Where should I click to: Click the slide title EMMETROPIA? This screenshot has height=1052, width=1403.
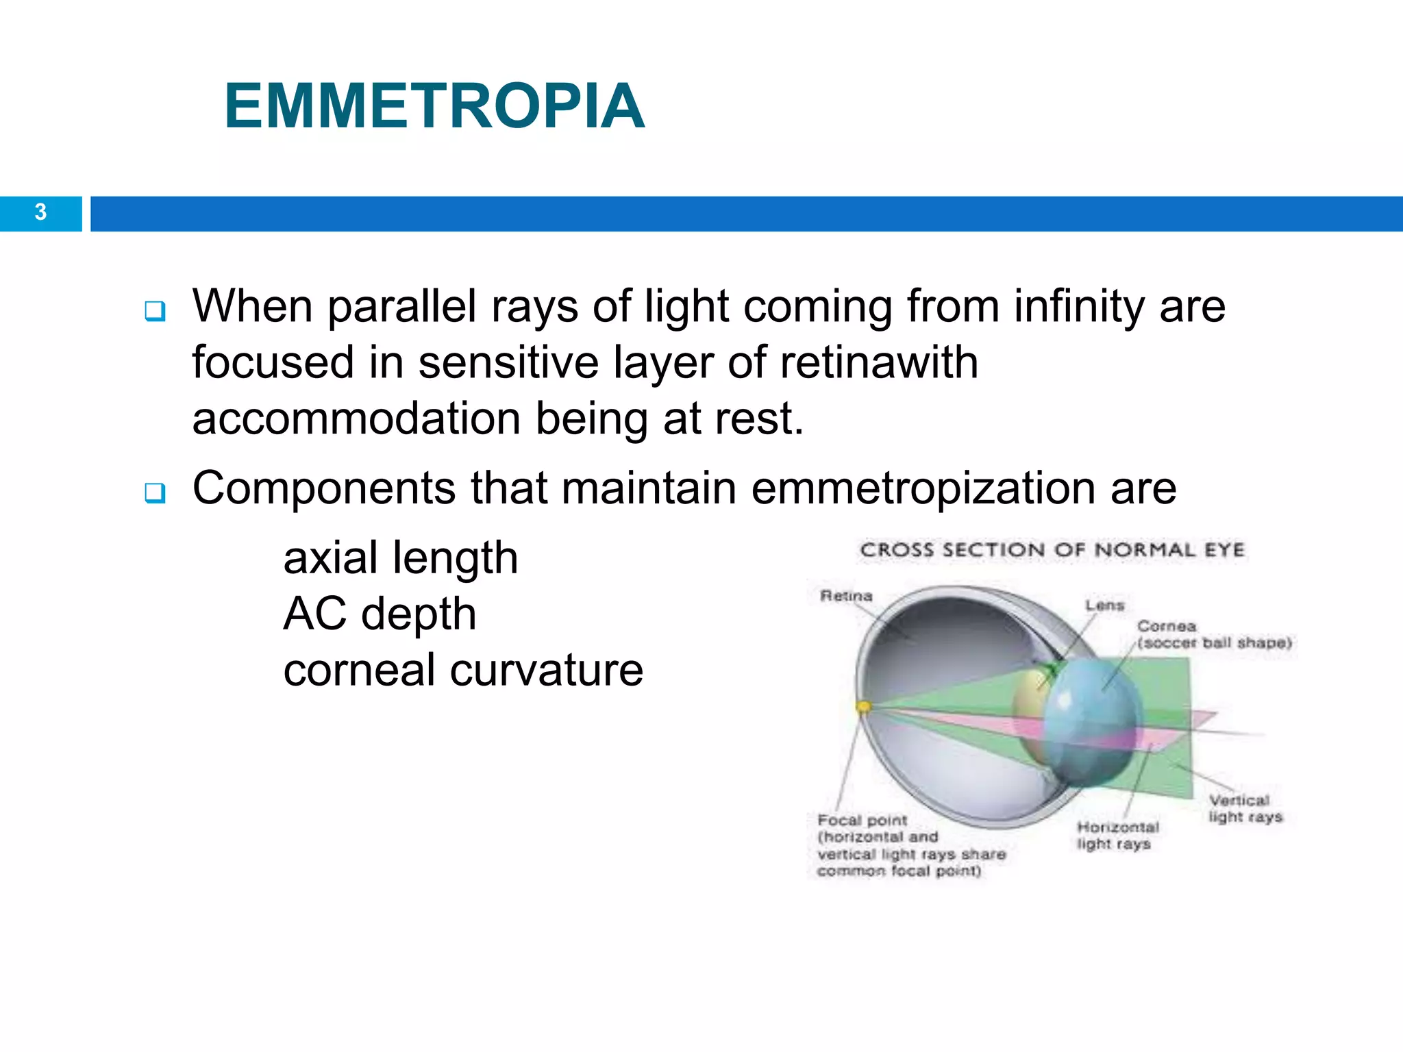(434, 106)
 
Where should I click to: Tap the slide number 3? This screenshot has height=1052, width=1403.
(40, 212)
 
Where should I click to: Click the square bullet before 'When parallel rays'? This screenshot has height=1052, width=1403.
(155, 311)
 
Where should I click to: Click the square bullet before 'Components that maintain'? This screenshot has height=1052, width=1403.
(155, 492)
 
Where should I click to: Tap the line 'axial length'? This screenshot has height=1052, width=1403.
(401, 558)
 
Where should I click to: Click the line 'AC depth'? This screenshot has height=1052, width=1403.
(380, 614)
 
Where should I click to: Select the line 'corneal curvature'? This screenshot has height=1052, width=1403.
(463, 670)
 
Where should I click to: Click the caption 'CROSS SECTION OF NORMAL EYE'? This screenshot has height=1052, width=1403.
(1052, 550)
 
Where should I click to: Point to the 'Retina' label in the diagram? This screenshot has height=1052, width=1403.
(846, 596)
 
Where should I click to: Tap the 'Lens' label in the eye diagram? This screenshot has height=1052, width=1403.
(1104, 605)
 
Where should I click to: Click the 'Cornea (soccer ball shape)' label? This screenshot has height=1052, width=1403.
(1213, 635)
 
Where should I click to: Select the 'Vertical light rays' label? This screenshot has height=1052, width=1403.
(1244, 809)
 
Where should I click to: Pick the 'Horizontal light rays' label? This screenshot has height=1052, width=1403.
(1117, 836)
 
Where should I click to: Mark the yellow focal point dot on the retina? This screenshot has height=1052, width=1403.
(864, 707)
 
